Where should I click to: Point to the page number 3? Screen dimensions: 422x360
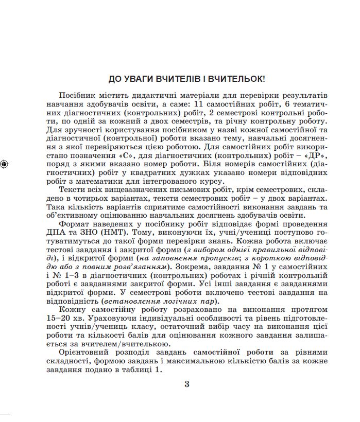[187, 384]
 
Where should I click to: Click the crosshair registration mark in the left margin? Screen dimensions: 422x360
[4, 164]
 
